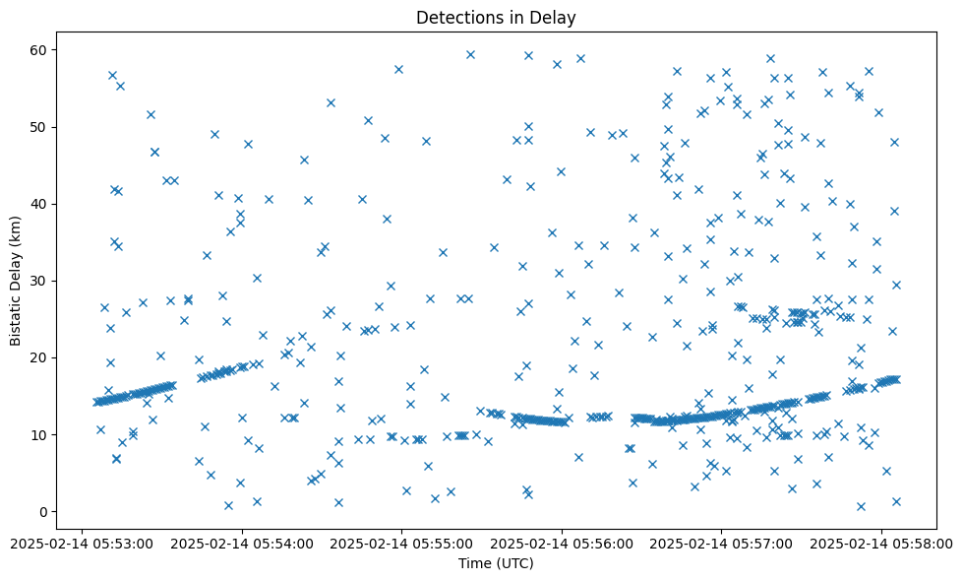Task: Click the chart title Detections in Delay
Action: pyautogui.click(x=496, y=17)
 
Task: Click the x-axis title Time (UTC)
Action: pyautogui.click(x=496, y=563)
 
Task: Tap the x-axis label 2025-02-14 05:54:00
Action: pyautogui.click(x=241, y=543)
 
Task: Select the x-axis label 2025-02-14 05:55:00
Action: pyautogui.click(x=401, y=543)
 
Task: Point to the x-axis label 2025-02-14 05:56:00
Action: pyautogui.click(x=562, y=543)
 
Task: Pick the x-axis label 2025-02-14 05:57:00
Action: pyautogui.click(x=722, y=543)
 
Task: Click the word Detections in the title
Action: pyautogui.click(x=457, y=17)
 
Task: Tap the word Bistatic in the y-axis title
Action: pyautogui.click(x=17, y=316)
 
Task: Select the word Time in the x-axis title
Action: pyautogui.click(x=476, y=563)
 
